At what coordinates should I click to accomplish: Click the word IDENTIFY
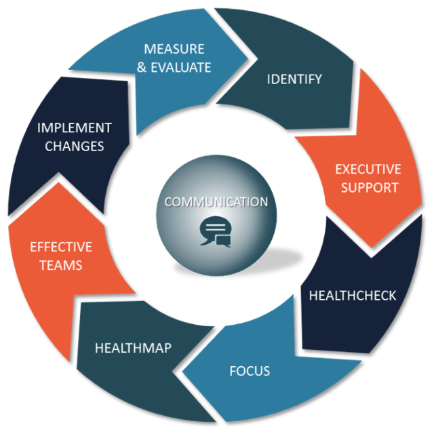pos(294,79)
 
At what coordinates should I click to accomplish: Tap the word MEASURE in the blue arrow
pos(173,50)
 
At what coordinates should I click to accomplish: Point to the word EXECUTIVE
pos(368,169)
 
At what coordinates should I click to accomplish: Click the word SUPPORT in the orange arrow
pos(370,186)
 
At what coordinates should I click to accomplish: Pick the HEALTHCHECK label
pos(352,296)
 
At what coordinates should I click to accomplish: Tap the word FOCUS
pos(250,371)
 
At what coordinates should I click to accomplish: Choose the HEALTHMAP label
pos(133,348)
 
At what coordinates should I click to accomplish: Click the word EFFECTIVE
pos(60,247)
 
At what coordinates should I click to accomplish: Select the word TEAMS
pos(60,264)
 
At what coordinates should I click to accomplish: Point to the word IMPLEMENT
pos(75,127)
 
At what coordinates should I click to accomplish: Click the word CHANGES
pos(75,145)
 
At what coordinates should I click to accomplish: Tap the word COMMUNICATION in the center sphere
pos(216,202)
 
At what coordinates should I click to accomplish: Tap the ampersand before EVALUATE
pos(141,67)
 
